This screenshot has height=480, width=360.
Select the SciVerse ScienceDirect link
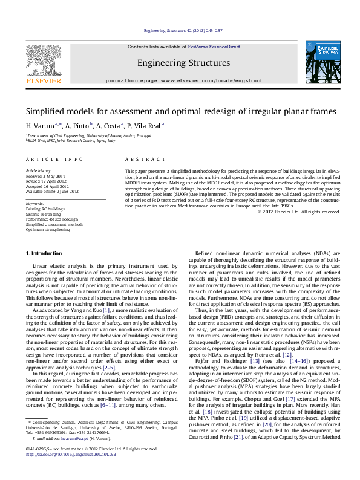(x=214, y=47)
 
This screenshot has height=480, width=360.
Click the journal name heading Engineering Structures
(x=183, y=63)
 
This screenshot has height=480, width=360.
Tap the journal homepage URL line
(x=183, y=80)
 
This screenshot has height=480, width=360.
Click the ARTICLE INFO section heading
(x=54, y=159)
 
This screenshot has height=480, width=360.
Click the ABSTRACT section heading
(x=145, y=159)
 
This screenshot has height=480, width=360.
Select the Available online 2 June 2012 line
(x=52, y=191)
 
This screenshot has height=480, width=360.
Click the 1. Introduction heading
(x=45, y=252)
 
